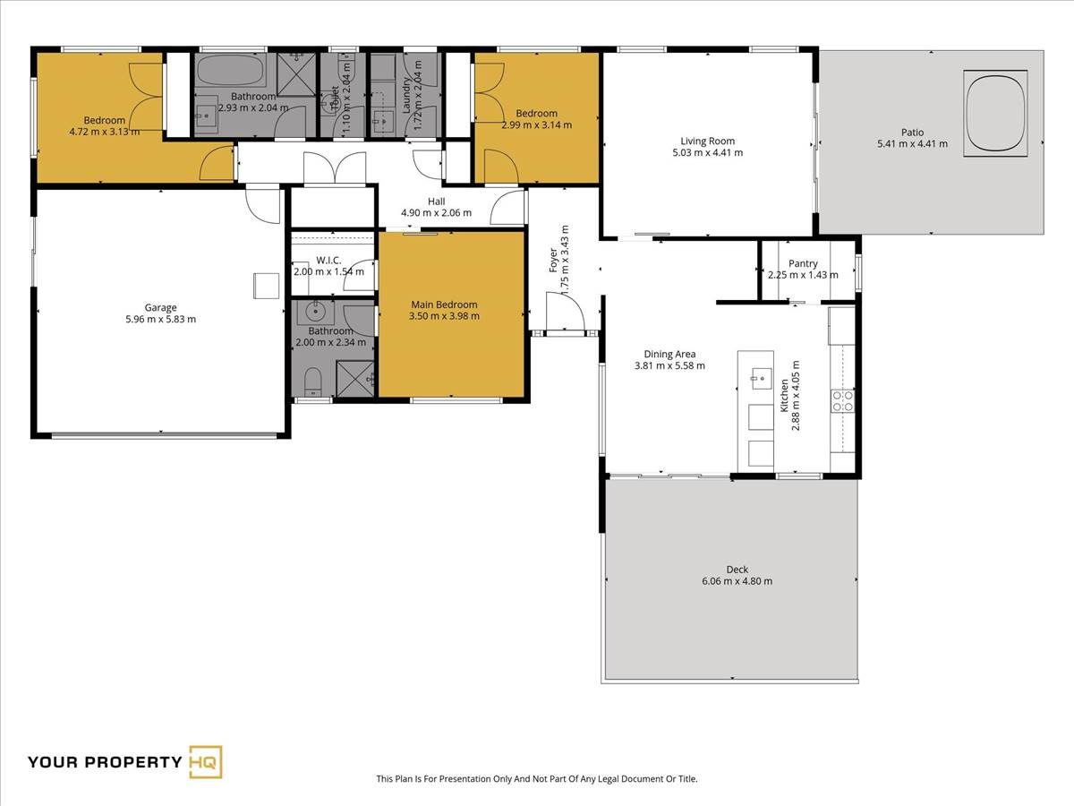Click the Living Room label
(x=708, y=141)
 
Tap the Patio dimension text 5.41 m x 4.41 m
(x=912, y=144)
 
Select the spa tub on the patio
(x=996, y=114)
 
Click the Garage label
(x=160, y=307)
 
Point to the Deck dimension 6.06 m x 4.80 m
(x=737, y=581)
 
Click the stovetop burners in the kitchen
(x=842, y=401)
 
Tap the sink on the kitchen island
(x=761, y=378)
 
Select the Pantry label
(x=803, y=263)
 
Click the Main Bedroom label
(x=444, y=304)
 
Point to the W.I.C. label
(x=328, y=260)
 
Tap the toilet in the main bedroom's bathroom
(x=312, y=382)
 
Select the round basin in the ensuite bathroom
(x=316, y=310)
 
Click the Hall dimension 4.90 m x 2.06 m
(x=436, y=213)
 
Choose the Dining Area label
(x=669, y=354)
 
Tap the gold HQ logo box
(x=206, y=762)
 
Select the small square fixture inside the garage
(x=266, y=286)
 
